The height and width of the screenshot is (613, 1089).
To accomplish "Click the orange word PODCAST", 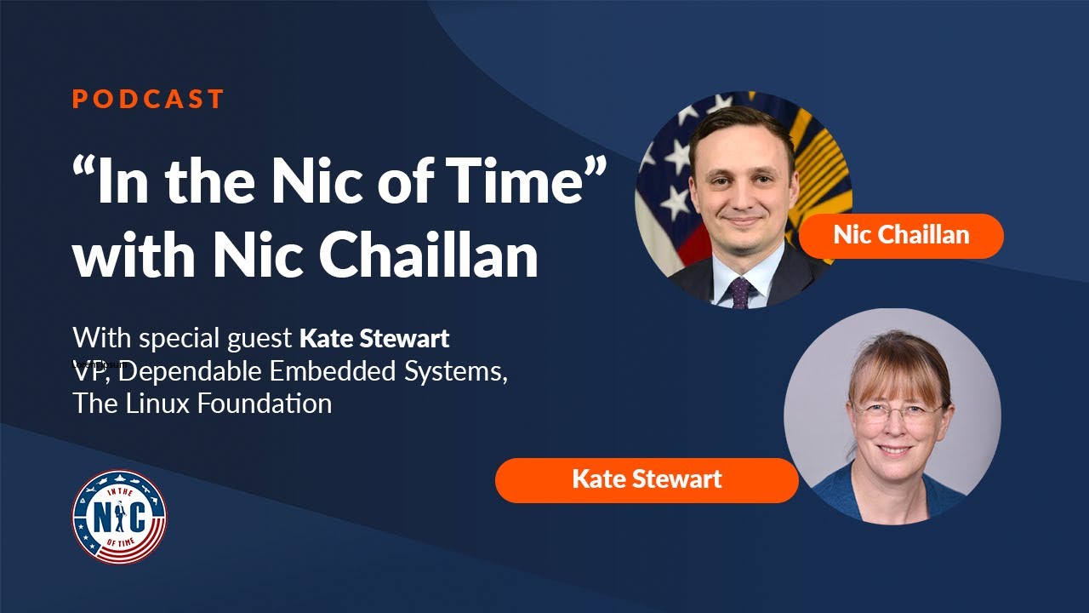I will [x=148, y=99].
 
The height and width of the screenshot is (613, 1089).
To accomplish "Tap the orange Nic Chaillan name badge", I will [x=901, y=235].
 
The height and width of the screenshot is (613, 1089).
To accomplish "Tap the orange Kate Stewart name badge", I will [x=647, y=479].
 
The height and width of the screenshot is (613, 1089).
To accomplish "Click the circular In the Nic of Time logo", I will [x=119, y=517].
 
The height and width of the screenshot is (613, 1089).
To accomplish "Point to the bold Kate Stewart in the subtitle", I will [x=374, y=339].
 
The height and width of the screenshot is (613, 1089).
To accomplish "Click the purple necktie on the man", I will [x=740, y=293].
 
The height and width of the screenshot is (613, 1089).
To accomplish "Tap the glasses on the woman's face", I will [x=898, y=413].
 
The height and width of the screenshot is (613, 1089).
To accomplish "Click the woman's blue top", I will [x=851, y=498].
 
